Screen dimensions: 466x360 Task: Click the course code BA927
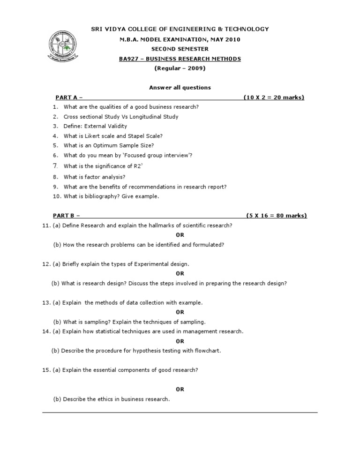[x=131, y=59]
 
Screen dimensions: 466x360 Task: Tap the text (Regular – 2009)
[x=180, y=68]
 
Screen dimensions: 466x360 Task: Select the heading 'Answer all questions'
[x=180, y=88]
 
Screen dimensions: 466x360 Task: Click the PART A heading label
[x=67, y=98]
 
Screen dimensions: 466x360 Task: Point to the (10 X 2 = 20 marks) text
[x=274, y=98]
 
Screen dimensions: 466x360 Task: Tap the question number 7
[x=55, y=165]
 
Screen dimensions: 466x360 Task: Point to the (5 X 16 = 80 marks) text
[x=277, y=216]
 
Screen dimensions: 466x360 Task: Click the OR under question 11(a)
[x=180, y=235]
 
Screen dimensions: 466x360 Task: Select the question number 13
[x=46, y=303]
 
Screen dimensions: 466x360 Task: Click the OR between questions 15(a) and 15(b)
[x=180, y=389]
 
